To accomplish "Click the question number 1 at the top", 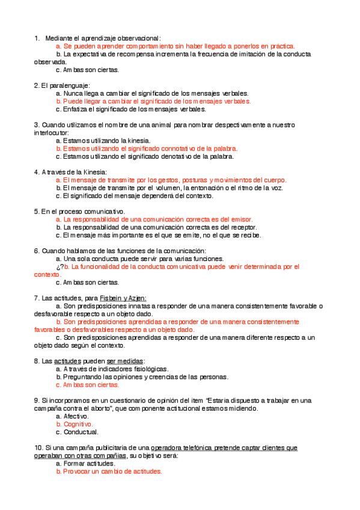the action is pyautogui.click(x=36, y=38).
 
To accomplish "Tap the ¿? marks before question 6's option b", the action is pyautogui.click(x=59, y=266).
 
